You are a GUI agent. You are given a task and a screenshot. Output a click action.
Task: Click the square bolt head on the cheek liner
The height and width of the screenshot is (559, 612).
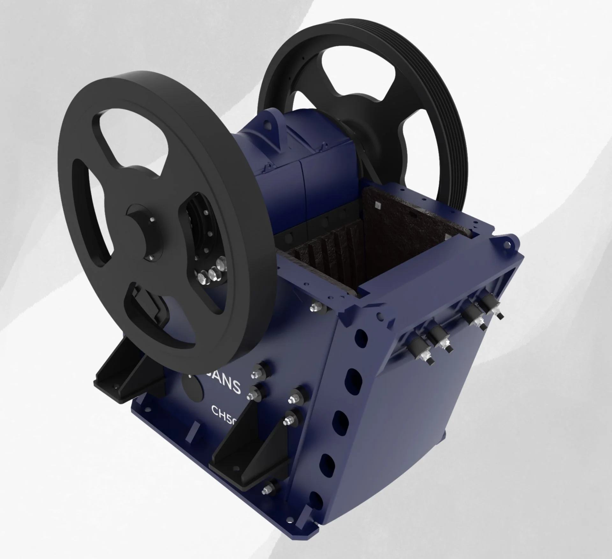pyautogui.click(x=378, y=205)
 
